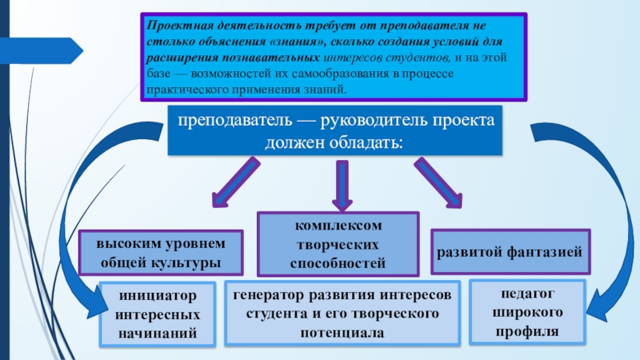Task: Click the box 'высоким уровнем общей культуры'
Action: pyautogui.click(x=161, y=253)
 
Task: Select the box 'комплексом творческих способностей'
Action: pyautogui.click(x=338, y=244)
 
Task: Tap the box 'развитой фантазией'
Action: pyautogui.click(x=510, y=252)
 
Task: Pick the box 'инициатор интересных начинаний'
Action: pyautogui.click(x=158, y=314)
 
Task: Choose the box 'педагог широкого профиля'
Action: pyautogui.click(x=527, y=312)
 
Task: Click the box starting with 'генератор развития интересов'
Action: pyautogui.click(x=342, y=314)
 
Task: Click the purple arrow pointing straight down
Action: pyautogui.click(x=342, y=185)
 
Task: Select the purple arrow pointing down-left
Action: pyautogui.click(x=235, y=182)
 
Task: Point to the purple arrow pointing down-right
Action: pyautogui.click(x=438, y=183)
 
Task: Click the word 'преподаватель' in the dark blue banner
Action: pyautogui.click(x=234, y=121)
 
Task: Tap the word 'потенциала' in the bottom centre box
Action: pyautogui.click(x=342, y=333)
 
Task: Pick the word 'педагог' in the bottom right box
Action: pyautogui.click(x=527, y=294)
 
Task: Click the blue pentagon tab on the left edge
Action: pyautogui.click(x=42, y=50)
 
